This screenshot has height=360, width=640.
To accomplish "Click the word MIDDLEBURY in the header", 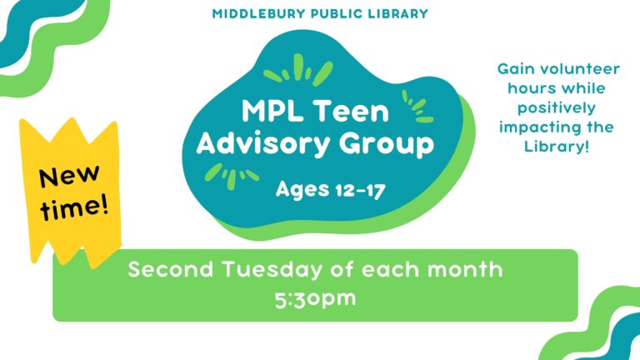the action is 259,13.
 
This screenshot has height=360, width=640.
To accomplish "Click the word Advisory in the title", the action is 263,143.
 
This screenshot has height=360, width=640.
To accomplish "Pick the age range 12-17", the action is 360,191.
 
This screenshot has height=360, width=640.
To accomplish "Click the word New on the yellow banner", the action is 69,177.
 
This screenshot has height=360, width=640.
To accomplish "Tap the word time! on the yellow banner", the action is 75,207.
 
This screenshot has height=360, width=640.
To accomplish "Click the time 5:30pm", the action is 315,299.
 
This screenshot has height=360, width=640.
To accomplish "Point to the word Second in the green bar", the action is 171,269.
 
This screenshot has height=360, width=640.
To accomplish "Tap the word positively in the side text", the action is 557,108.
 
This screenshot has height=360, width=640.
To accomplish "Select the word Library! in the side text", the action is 557,146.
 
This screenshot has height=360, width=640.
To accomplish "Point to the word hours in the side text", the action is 530,88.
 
